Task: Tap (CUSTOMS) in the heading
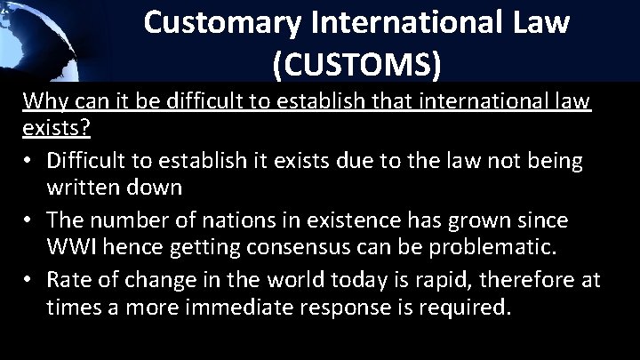click(356, 65)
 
